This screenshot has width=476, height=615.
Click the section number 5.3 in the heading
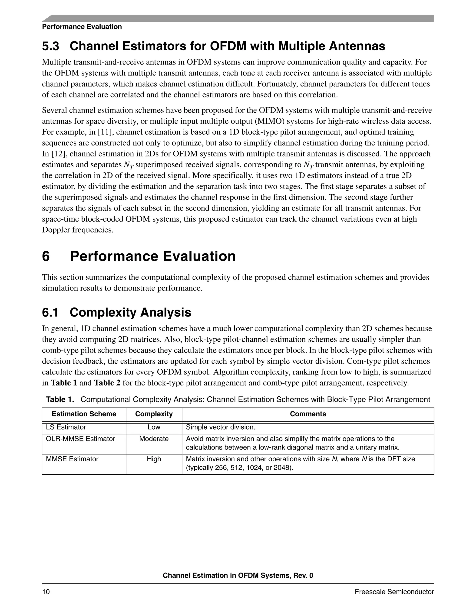[50, 46]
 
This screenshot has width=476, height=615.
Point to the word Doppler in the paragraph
[56, 230]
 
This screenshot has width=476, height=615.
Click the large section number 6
[46, 256]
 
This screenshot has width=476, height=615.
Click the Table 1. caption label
[60, 399]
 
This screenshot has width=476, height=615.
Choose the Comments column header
[308, 414]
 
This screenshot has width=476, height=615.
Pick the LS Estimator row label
[66, 427]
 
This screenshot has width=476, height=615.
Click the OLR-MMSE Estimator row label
[80, 439]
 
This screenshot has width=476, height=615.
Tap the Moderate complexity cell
[154, 439]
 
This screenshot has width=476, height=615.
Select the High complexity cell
[154, 459]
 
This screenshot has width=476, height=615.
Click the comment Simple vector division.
[221, 427]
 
